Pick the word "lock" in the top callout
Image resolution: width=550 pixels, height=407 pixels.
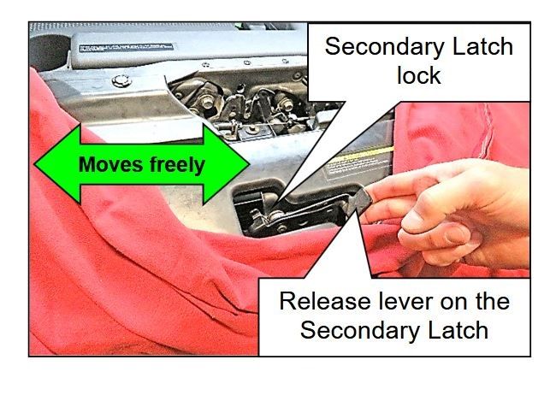418,76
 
